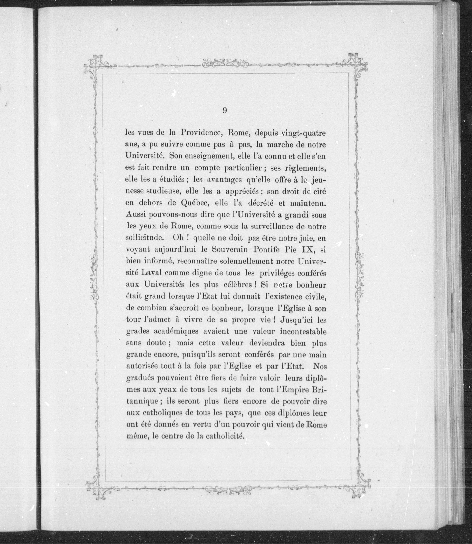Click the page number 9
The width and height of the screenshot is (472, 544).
coord(224,111)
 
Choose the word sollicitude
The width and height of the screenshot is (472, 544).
coord(145,238)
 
